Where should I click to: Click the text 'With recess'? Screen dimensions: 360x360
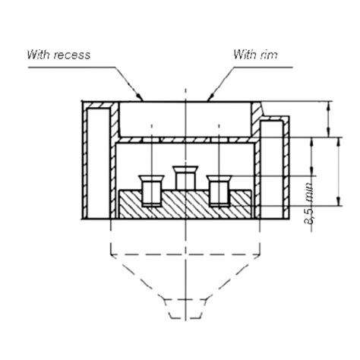coord(58,55)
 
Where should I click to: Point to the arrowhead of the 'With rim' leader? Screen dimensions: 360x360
coord(208,99)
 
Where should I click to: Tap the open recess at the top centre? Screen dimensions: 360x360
coord(185,118)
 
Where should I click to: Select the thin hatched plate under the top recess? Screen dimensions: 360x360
coord(185,140)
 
